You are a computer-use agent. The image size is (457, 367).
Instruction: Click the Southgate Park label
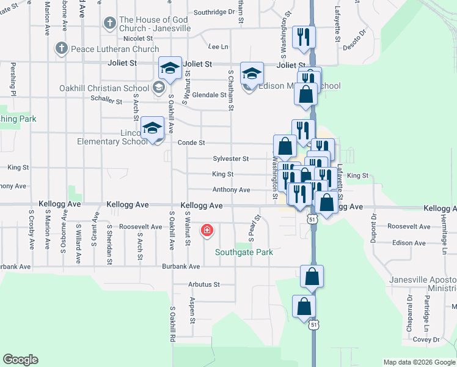(x=244, y=252)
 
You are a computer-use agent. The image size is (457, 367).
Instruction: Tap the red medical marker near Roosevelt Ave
(x=207, y=231)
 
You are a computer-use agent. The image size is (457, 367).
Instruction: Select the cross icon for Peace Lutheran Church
(x=61, y=48)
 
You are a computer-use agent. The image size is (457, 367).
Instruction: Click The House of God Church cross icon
(x=109, y=24)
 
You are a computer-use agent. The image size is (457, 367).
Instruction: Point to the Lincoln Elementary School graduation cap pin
(x=153, y=128)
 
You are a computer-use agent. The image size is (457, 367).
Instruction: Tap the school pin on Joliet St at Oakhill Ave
(x=170, y=67)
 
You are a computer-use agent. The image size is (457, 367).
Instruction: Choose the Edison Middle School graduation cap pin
(x=251, y=73)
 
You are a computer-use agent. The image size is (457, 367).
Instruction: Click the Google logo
(x=20, y=360)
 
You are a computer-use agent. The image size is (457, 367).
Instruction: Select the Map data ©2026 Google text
(x=419, y=362)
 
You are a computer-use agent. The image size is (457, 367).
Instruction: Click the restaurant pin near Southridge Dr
(x=304, y=37)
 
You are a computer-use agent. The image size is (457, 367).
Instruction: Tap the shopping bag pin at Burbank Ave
(x=312, y=276)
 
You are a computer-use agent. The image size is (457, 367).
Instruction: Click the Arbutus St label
(x=203, y=284)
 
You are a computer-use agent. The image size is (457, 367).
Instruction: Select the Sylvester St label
(x=230, y=158)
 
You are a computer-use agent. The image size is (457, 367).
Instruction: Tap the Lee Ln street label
(x=218, y=46)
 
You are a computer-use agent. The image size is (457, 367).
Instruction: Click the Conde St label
(x=191, y=143)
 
